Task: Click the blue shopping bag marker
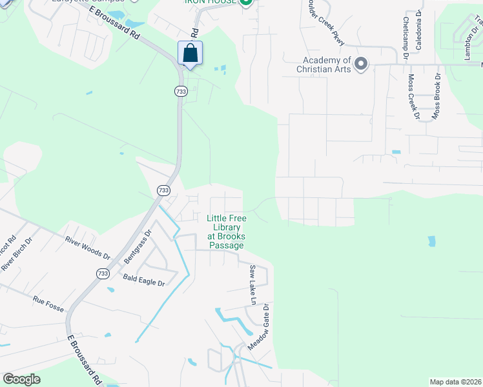190,54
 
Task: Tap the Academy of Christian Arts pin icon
361,64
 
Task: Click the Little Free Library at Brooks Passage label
225,232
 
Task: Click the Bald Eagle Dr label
144,280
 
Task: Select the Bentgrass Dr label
137,246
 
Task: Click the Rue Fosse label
48,304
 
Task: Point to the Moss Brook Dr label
437,95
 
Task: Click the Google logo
21,379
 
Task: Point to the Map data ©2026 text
455,381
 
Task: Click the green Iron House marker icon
245,3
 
